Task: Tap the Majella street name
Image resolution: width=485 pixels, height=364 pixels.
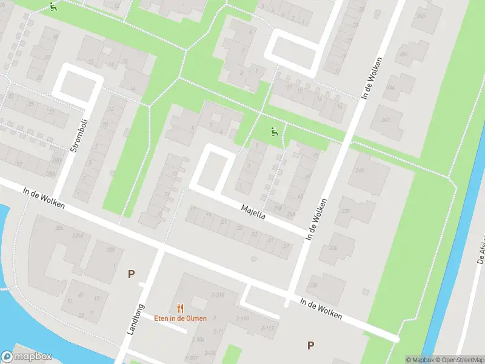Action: coord(253,213)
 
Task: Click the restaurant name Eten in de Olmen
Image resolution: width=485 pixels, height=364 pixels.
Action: coord(180,318)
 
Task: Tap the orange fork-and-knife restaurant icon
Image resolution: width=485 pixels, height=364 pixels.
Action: coord(180,308)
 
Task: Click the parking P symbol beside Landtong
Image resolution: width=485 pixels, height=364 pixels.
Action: coord(131,274)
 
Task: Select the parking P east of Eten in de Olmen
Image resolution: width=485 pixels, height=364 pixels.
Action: coord(310,346)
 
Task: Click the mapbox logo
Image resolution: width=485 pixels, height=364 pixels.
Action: coord(27,357)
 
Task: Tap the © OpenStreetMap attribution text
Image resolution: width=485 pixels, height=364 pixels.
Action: coord(459,360)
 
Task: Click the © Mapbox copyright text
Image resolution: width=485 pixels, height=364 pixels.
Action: coord(419,360)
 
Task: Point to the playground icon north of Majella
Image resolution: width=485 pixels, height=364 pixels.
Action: coord(275,132)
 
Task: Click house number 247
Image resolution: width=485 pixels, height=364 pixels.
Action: coord(385,120)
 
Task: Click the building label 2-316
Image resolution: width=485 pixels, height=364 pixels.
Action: coord(217,295)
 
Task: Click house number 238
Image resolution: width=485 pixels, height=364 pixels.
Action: coord(347,211)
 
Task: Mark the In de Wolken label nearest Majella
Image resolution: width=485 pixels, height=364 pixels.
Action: coord(317,218)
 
